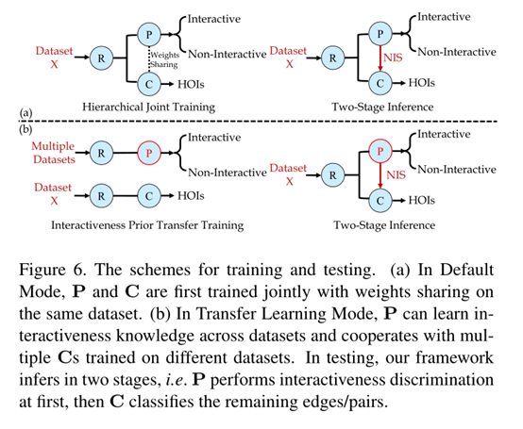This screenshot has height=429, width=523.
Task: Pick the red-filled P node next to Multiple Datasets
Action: pyautogui.click(x=149, y=151)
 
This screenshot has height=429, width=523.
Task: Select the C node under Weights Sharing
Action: pyautogui.click(x=148, y=84)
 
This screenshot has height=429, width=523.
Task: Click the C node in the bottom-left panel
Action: pyautogui.click(x=149, y=200)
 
